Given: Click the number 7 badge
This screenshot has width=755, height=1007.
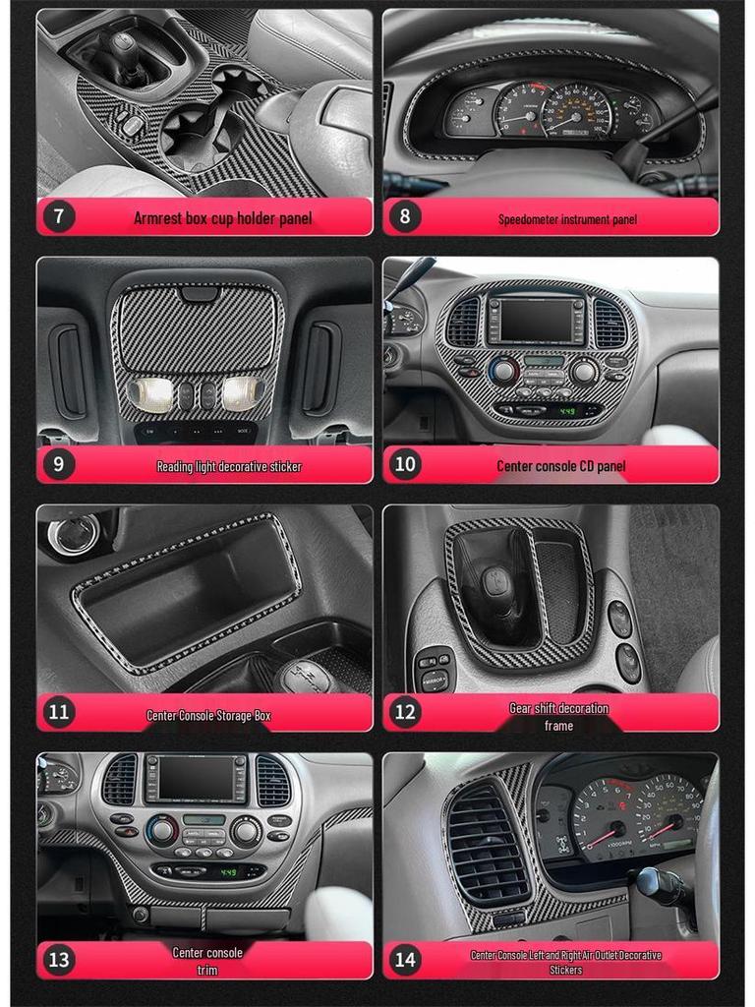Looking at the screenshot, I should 59,215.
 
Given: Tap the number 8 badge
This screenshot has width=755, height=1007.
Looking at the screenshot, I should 405,215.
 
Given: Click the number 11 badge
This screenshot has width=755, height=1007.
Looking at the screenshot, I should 59,711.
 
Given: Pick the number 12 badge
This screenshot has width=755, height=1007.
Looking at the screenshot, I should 405,711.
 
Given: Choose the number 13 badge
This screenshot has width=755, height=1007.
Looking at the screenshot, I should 59,959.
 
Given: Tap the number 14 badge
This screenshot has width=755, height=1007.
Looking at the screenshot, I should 405,959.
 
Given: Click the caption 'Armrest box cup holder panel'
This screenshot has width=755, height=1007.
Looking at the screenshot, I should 222,217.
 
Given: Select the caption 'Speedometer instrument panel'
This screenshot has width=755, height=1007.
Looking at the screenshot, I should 567,219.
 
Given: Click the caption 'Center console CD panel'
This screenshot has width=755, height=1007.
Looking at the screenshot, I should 560,466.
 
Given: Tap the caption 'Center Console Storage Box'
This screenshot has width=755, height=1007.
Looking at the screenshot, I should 208,715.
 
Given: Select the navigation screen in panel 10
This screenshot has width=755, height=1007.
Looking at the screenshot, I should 536,320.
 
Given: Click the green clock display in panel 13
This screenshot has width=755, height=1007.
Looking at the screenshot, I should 228,871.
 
